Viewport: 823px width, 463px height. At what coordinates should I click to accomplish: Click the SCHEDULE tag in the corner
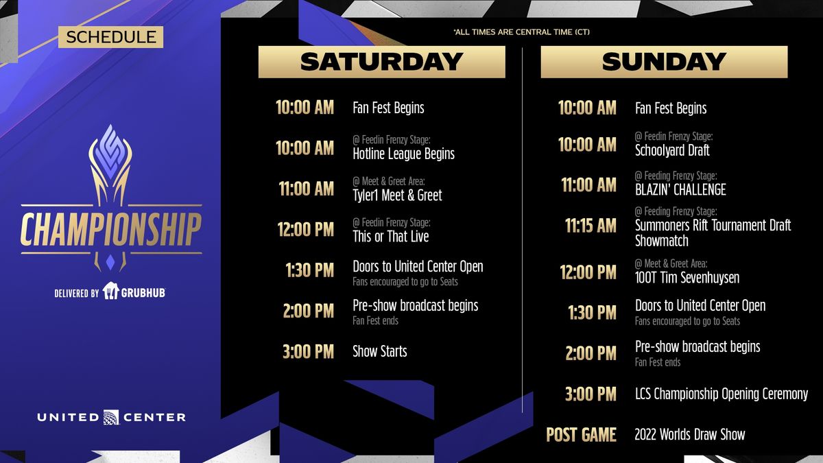[x=111, y=37]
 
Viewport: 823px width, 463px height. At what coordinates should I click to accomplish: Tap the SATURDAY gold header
[x=381, y=62]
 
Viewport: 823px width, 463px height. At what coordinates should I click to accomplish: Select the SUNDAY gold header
[x=663, y=62]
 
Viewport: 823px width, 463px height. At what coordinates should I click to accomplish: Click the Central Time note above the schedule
[x=521, y=32]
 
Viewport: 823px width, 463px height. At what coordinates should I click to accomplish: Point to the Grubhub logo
[x=134, y=292]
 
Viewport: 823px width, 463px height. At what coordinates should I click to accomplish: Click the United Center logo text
[x=111, y=417]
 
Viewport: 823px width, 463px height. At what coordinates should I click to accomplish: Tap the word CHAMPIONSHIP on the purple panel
[x=111, y=230]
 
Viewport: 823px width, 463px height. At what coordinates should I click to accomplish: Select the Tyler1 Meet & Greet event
[x=397, y=195]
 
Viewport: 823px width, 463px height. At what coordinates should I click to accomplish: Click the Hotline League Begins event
[x=403, y=154]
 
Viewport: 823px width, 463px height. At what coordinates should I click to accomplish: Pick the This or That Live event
[x=390, y=237]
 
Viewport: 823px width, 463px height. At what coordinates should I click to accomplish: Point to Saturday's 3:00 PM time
[x=308, y=352]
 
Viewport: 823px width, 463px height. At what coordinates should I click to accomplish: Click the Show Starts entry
[x=379, y=352]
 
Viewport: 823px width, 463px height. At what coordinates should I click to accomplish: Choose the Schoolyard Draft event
[x=672, y=150]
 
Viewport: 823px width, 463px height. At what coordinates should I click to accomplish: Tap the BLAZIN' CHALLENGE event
[x=680, y=190]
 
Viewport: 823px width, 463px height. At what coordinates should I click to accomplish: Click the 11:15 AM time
[x=591, y=226]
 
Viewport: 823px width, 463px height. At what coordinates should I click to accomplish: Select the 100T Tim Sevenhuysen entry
[x=687, y=278]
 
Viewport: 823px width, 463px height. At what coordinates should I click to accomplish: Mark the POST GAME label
[x=581, y=435]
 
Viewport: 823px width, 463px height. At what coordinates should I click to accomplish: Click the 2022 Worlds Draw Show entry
[x=689, y=435]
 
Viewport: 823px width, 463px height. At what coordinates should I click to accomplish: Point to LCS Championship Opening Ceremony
[x=721, y=394]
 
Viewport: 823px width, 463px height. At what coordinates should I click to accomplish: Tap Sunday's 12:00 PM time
[x=588, y=272]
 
